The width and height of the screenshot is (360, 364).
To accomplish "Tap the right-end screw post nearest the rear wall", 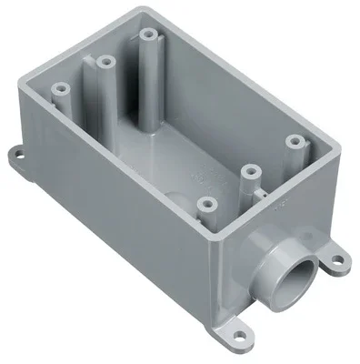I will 294,143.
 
